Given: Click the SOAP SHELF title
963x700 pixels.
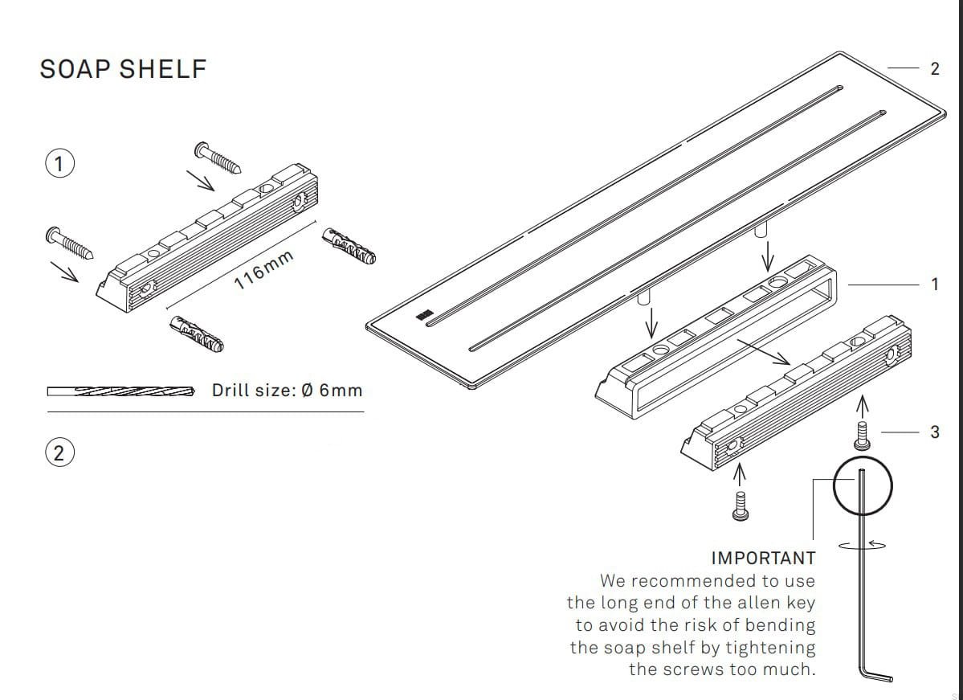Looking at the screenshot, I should pos(123,69).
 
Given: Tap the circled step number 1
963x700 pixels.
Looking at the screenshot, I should pos(59,164).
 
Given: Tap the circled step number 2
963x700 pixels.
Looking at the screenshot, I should pos(59,452).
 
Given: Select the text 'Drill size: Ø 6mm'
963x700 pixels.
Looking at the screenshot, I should pos(287,391).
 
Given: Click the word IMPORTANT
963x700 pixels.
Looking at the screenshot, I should pos(763,558).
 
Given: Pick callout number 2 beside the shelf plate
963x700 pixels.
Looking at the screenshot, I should pos(934,69).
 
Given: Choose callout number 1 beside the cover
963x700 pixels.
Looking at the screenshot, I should pos(934,284).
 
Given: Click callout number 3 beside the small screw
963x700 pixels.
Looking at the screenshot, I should pos(934,432).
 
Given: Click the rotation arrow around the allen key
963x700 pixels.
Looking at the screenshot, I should pos(863,544).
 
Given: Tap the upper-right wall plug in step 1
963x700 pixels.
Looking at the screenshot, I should pos(349,247).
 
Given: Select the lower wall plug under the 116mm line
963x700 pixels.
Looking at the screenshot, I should pos(197,335).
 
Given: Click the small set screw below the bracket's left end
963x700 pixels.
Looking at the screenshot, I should pos(741,505).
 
